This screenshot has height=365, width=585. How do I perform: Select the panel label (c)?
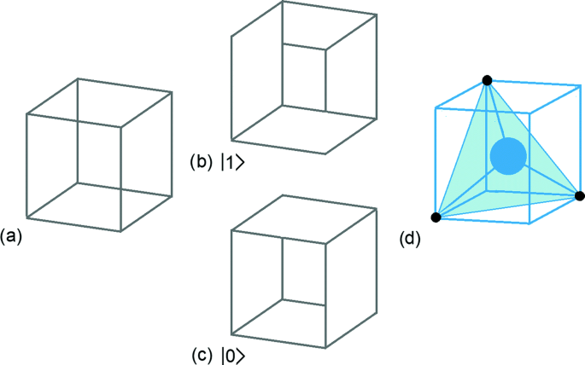(x=202, y=351)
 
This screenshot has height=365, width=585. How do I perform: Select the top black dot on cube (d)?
(x=487, y=80)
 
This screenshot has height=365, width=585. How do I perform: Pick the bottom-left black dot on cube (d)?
(x=436, y=217)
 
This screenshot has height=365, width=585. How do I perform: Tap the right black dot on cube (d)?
(x=580, y=196)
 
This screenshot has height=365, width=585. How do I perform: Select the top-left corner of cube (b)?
(x=231, y=37)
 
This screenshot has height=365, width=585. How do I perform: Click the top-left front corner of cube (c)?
(x=232, y=228)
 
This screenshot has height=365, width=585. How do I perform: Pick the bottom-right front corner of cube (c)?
(x=325, y=345)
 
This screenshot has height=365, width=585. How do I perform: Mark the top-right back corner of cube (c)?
(x=377, y=207)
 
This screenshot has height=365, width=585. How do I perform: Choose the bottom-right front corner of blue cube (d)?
(x=529, y=223)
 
